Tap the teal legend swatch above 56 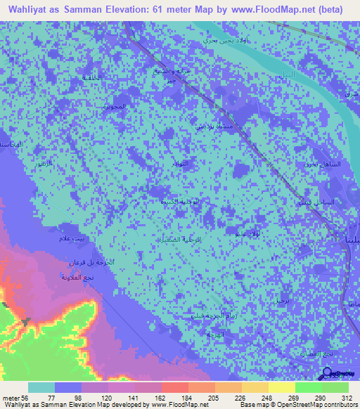41,387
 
